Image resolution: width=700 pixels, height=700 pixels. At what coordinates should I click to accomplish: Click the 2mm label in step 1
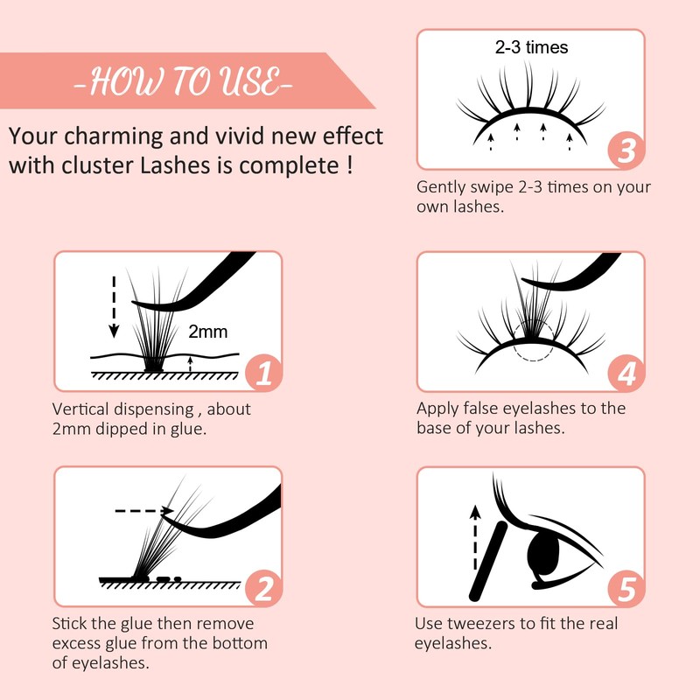(207, 332)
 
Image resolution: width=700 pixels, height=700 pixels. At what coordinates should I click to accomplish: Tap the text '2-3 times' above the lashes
(531, 47)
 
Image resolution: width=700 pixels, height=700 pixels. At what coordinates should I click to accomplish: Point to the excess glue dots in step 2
(168, 578)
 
